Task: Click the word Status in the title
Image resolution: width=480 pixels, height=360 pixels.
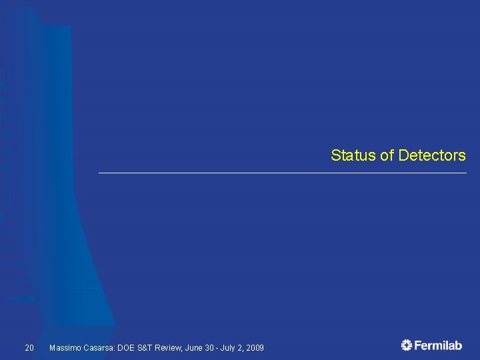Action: coord(353,156)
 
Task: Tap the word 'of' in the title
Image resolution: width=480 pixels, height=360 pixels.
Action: coord(387,156)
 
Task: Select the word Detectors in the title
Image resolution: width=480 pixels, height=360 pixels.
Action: coord(432,156)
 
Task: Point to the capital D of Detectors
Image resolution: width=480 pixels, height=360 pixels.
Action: coord(403,156)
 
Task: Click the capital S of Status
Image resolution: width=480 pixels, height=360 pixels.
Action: coord(335,156)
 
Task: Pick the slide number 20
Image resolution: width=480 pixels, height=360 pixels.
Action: coord(29,348)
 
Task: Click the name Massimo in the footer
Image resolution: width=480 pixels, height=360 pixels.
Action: coord(65,348)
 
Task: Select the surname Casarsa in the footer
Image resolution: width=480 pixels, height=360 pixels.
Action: coord(99,348)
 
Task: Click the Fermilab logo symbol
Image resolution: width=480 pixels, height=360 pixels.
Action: coord(407,345)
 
